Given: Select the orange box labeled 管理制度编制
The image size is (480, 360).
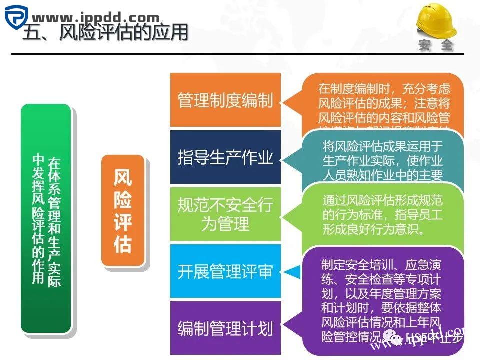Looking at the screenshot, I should [x=225, y=100].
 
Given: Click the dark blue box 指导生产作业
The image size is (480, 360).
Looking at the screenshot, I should [x=225, y=157].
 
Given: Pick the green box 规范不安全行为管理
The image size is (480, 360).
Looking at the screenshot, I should [x=225, y=214].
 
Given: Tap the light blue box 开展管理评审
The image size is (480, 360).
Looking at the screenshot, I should [x=225, y=271].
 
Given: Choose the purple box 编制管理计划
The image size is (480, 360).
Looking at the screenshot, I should [x=225, y=328].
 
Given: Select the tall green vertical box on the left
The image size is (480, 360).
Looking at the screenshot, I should [x=46, y=218].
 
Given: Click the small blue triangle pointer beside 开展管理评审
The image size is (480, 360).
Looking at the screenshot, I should [x=294, y=272].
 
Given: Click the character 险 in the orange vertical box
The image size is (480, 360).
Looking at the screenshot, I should [x=123, y=200].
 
